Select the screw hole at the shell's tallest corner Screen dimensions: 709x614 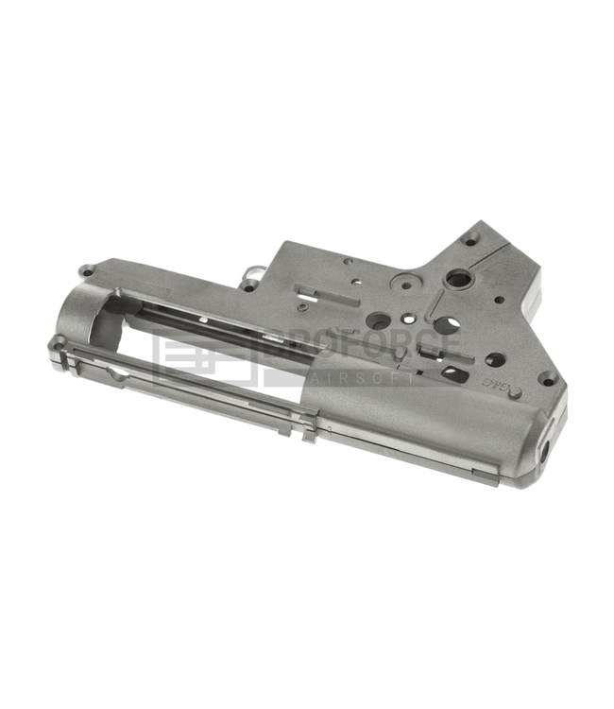point(469,240)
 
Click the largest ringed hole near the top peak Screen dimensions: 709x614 point(459,279)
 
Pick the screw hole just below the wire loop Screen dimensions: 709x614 point(247,285)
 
